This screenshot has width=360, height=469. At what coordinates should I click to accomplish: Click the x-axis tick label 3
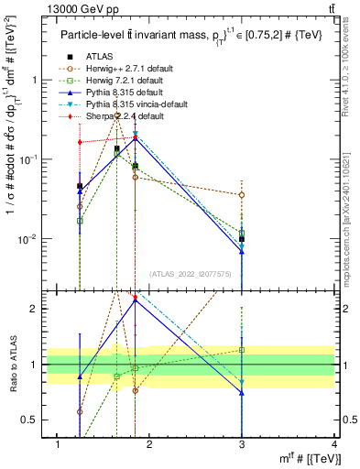pyautogui.click(x=242, y=445)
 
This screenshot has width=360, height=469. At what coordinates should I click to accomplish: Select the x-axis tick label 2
pyautogui.click(x=150, y=445)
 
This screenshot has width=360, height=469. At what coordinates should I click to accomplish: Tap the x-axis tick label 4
pyautogui.click(x=333, y=445)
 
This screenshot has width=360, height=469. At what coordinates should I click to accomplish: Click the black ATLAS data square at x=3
pyautogui.click(x=242, y=239)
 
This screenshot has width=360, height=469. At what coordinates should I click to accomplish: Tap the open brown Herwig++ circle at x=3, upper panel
pyautogui.click(x=242, y=195)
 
